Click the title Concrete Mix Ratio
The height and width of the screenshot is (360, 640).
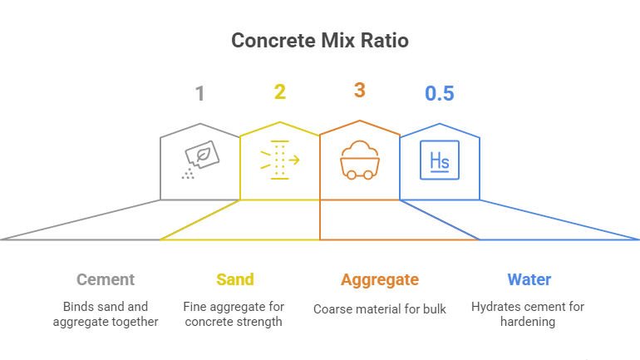[x=319, y=40]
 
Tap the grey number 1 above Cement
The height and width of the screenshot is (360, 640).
[x=199, y=92]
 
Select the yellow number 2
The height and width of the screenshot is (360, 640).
[x=280, y=92]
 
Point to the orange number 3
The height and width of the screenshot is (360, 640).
[x=359, y=90]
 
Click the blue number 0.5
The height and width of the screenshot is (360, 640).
[x=439, y=94]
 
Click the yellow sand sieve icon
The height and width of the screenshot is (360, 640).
[x=280, y=160]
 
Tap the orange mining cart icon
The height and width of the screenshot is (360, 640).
[x=359, y=160]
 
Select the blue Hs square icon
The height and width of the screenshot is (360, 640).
[x=439, y=160]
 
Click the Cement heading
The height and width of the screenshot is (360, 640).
[x=105, y=279]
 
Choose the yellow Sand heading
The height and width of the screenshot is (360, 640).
[x=234, y=279]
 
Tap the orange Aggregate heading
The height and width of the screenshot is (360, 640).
[x=380, y=279]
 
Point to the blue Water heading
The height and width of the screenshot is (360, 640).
[x=529, y=279]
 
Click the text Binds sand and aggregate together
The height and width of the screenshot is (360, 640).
[x=106, y=313]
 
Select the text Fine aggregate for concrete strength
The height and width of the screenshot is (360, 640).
[x=234, y=313]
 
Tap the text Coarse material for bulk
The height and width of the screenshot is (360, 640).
[x=380, y=309]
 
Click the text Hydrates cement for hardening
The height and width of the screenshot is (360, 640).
[x=529, y=313]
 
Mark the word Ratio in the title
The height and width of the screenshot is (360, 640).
[x=382, y=40]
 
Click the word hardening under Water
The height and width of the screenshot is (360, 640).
[x=529, y=322]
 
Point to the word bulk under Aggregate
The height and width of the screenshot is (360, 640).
[x=433, y=309]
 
